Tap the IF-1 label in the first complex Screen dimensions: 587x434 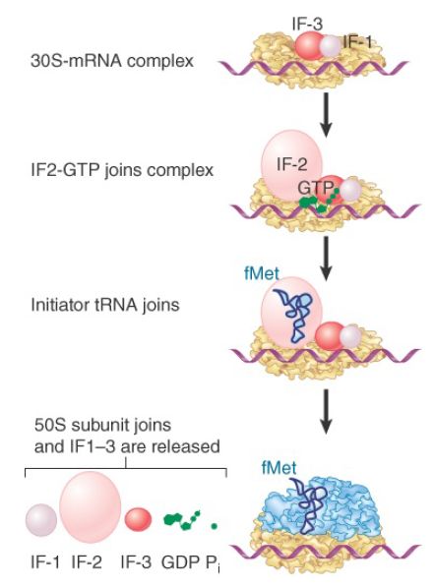click(358, 41)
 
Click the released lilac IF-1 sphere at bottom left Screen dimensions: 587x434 click(40, 520)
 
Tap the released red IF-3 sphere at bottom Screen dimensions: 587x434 click(139, 518)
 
